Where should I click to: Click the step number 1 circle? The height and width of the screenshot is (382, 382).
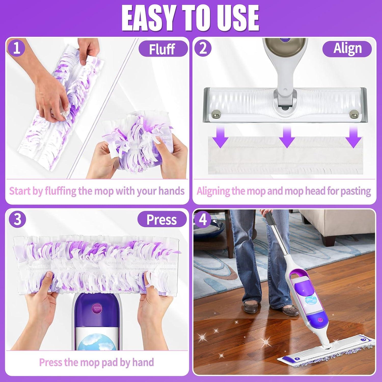pos(16,48)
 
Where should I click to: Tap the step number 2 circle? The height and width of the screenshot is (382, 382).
pos(203,48)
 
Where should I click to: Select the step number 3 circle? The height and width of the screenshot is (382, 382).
pos(17,219)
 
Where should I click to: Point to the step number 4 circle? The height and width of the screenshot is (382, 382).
pos(203,219)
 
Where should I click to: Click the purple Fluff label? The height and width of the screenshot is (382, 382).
pos(162,49)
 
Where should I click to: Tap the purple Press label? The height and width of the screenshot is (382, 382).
pos(162,220)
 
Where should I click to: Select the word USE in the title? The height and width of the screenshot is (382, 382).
pos(237,18)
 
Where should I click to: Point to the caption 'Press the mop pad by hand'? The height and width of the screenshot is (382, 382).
pos(97,362)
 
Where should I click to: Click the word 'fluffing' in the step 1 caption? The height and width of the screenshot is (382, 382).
pos(61,191)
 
